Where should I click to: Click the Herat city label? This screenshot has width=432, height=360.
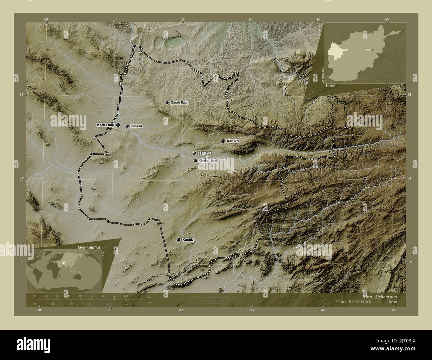(204, 153)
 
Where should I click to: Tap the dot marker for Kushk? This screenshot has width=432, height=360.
(179, 239)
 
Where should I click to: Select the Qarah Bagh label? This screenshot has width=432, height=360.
(179, 103)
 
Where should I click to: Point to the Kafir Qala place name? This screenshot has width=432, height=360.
(105, 125)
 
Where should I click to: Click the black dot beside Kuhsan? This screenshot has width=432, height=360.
(127, 126)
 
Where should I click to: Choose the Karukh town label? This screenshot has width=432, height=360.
(233, 141)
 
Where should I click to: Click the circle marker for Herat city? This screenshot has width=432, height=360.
(194, 153)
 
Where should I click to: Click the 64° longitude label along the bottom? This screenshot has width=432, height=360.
(323, 310)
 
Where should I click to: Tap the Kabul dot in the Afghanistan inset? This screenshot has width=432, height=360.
(373, 50)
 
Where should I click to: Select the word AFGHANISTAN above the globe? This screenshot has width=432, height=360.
(89, 248)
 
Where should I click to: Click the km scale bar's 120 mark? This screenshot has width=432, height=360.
(126, 296)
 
